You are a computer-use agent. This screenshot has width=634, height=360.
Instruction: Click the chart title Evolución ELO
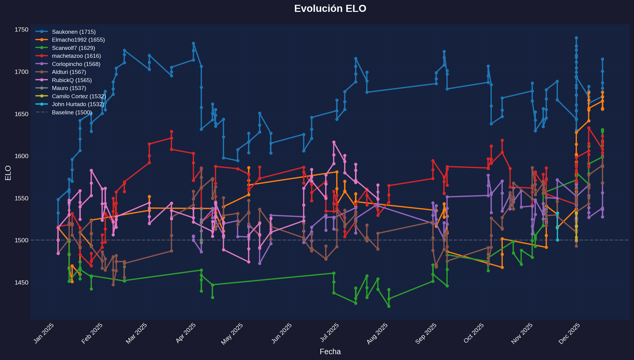(x=330, y=9)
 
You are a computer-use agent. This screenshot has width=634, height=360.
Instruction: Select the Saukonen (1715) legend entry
(x=74, y=32)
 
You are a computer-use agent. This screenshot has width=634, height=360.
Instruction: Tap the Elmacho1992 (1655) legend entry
(x=78, y=40)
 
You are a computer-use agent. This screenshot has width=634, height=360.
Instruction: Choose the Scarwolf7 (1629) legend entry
(x=73, y=48)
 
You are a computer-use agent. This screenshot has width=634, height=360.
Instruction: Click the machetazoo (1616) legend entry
(x=76, y=56)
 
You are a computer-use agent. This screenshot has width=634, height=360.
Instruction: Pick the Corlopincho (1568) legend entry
(x=76, y=64)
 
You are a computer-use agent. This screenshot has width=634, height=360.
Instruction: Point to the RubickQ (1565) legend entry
(x=72, y=80)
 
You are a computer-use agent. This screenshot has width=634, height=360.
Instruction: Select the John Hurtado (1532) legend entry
(x=78, y=104)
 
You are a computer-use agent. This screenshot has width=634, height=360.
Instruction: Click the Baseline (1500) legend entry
(x=71, y=112)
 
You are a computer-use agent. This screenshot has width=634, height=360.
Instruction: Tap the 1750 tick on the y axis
(x=21, y=29)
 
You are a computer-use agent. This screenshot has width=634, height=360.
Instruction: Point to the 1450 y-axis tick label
(x=21, y=282)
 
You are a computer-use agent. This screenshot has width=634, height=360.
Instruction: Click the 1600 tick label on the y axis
(x=21, y=156)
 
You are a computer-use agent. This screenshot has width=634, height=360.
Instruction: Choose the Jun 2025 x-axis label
(x=282, y=333)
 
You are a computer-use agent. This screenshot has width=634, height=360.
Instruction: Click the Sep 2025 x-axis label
(x=426, y=333)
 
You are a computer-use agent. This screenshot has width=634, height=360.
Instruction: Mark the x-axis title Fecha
(x=330, y=352)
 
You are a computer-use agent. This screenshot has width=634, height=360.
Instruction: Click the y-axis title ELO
(x=8, y=173)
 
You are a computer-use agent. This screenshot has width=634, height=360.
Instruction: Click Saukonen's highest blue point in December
(x=576, y=38)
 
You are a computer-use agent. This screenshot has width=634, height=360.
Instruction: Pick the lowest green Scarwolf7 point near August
(x=389, y=306)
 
